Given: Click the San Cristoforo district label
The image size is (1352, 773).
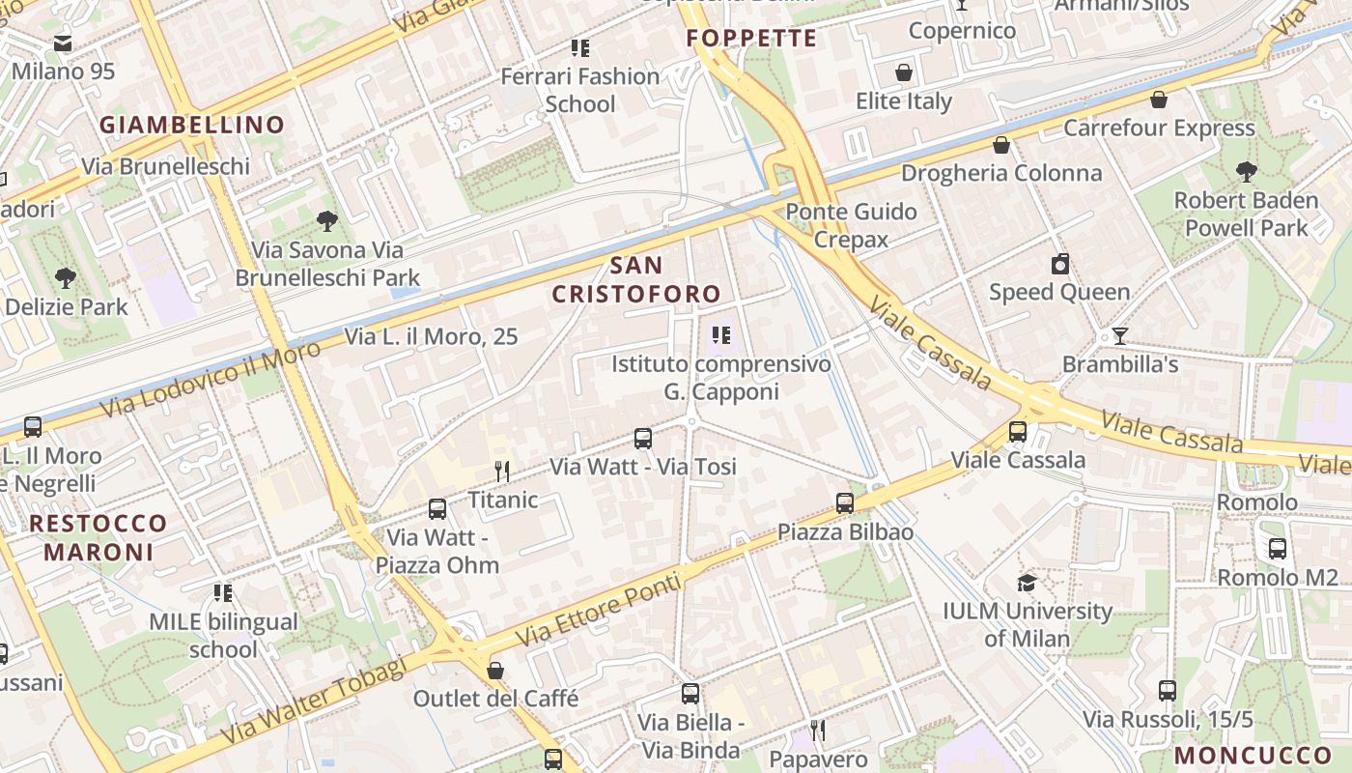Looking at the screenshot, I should point(636,279).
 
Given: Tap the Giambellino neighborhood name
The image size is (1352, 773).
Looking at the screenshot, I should point(192,125).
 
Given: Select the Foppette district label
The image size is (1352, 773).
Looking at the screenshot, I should point(751,39).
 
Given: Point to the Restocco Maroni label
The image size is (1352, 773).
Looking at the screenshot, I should point(99,538).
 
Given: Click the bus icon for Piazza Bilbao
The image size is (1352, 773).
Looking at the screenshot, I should point(845,503).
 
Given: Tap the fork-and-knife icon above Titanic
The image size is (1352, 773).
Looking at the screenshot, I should point(502,472).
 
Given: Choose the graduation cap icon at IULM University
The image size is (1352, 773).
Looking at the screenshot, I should point(1027,583).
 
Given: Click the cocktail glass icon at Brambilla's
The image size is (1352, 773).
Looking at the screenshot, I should point(1119,336).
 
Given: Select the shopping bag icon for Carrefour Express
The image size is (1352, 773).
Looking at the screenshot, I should point(1159,100).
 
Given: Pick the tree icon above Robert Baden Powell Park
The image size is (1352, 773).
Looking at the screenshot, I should point(1246,172).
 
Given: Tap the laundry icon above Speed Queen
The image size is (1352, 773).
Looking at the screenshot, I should point(1060,264).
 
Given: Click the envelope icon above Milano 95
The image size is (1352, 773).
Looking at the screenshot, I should point(63,43).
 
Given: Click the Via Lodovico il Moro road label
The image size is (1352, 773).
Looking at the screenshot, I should point(210,380).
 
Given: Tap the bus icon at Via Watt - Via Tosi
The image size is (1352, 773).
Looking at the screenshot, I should point(643,439).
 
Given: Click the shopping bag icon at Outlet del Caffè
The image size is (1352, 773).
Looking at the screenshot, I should point(495,670).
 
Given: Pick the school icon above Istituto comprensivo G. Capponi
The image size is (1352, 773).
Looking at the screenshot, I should point(720,335).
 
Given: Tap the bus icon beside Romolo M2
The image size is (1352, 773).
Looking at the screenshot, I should point(1278,549).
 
